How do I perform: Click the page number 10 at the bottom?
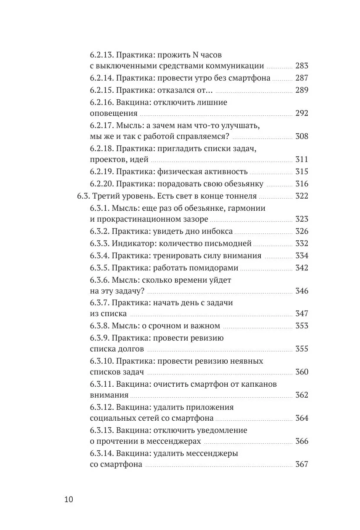coord(69,500)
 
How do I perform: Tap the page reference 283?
coord(301,66)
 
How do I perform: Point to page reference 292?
coord(301,113)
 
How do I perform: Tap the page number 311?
coord(301,159)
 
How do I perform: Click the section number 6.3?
coord(83,196)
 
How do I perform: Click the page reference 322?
coord(301,196)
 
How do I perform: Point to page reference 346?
coord(301,291)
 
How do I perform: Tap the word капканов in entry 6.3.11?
coord(256,384)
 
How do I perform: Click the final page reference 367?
coord(301,464)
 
